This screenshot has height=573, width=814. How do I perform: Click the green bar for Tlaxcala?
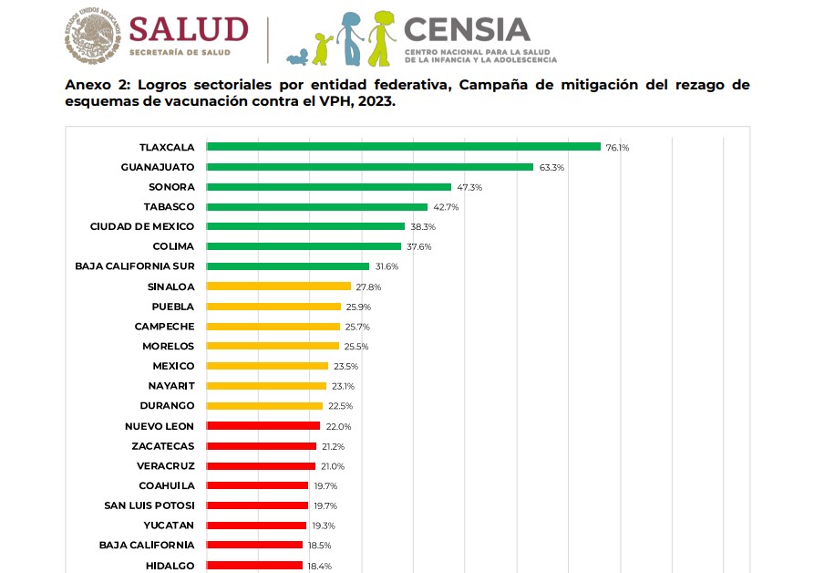pos(404,147)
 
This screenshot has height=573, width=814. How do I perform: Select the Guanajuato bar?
pos(370,167)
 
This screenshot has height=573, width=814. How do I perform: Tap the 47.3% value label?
pos(469,187)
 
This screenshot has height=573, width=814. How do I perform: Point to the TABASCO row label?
pos(169,207)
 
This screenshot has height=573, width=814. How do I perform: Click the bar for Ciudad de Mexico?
pos(305,226)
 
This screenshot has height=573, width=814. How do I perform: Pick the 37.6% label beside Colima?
pos(419,246)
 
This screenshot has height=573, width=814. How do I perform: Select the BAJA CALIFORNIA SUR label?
pos(135,266)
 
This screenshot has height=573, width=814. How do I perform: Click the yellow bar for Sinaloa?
pos(279,286)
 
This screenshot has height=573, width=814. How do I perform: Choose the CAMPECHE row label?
pos(164,327)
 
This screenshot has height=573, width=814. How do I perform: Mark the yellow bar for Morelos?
pos(273,346)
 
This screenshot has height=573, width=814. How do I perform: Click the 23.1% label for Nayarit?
pos(343,386)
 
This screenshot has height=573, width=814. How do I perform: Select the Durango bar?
pos(265,406)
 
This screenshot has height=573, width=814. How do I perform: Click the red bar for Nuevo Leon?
pos(263,426)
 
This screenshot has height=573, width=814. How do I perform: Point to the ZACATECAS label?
pos(162,446)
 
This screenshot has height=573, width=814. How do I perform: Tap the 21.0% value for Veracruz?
pos(332,466)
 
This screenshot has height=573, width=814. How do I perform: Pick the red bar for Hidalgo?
pos(254,566)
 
